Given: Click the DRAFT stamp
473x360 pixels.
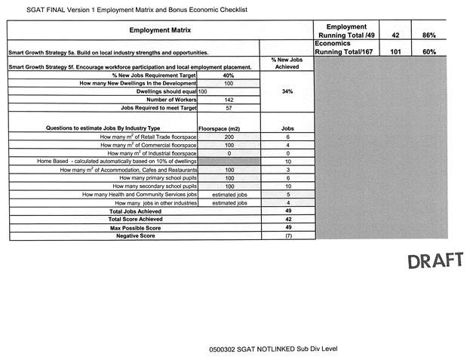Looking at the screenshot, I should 435,261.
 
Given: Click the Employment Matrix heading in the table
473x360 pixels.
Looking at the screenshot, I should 160,30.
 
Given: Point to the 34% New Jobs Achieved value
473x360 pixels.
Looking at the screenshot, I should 287,91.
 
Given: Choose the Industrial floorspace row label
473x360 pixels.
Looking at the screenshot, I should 152,153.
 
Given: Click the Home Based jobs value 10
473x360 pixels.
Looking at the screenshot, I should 287,162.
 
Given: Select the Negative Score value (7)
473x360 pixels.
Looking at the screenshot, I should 287,236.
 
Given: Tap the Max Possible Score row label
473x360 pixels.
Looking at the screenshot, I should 136,228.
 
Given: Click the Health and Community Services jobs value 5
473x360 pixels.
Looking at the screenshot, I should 287,195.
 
